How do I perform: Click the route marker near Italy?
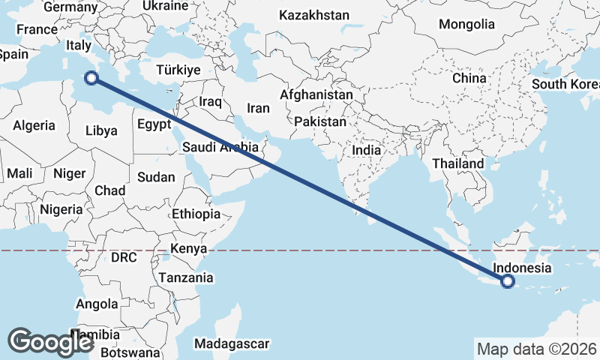pyautogui.click(x=91, y=77)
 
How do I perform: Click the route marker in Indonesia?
pyautogui.click(x=508, y=281)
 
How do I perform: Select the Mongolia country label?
pyautogui.click(x=467, y=24)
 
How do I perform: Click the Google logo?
pyautogui.click(x=50, y=342)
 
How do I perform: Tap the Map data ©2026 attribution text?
pyautogui.click(x=536, y=349)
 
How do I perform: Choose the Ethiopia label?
pyautogui.click(x=196, y=214)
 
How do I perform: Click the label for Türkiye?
pyautogui.click(x=178, y=70)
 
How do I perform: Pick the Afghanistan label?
pyautogui.click(x=316, y=95)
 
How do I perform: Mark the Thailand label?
pyautogui.click(x=458, y=163)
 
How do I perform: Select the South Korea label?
pyautogui.click(x=565, y=83)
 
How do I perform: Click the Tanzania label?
pyautogui.click(x=185, y=277)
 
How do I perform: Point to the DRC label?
pyautogui.click(x=124, y=257)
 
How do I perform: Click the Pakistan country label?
pyautogui.click(x=320, y=121)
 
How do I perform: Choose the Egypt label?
pyautogui.click(x=154, y=124)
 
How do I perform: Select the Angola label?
pyautogui.click(x=97, y=304)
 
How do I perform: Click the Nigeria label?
pyautogui.click(x=61, y=209)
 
